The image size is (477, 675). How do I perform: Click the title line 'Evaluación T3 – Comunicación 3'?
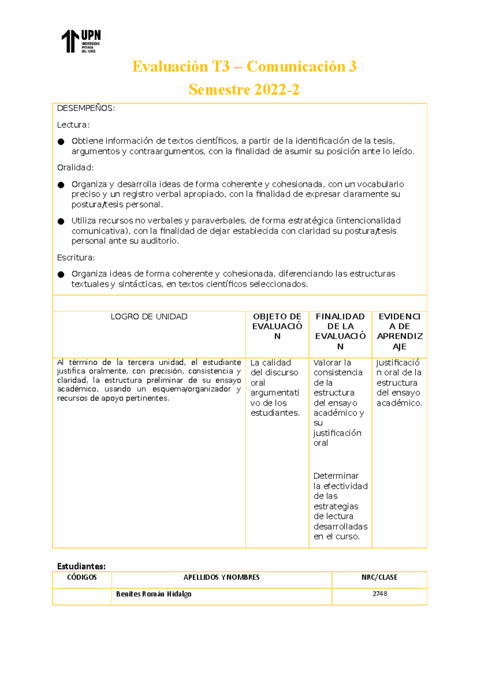point(244,66)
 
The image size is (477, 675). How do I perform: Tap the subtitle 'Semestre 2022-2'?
point(244,89)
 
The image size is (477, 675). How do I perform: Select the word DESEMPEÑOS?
point(86,108)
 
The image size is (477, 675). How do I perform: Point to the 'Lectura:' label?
point(74,125)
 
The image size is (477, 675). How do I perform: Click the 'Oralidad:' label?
point(76,167)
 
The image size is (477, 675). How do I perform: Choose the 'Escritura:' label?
point(76,258)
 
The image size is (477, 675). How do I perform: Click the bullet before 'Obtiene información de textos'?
point(61,142)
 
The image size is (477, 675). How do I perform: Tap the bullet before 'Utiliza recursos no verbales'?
point(61,221)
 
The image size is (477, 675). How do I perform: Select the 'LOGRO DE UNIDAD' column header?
point(149,317)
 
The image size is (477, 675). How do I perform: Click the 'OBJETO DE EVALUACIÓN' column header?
point(277,326)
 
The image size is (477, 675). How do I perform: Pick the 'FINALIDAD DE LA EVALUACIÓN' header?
point(340,331)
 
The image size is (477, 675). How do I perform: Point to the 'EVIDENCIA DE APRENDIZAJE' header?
point(399,331)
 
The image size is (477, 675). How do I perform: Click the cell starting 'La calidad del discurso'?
point(275,388)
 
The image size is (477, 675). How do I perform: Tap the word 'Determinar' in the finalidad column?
point(336,476)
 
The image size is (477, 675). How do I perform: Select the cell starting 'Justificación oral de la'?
point(399,382)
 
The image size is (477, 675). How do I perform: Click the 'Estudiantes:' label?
point(81,566)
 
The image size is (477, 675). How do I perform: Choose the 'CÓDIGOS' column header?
point(82,577)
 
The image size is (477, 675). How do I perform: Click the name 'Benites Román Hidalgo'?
point(154,594)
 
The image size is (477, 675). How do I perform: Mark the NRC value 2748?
point(380,594)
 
